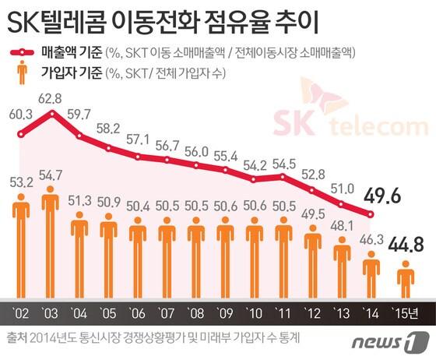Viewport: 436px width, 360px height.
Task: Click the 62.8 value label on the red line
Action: point(52,99)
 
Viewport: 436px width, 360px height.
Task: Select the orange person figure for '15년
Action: point(406,282)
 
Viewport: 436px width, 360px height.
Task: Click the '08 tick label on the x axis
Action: point(195,314)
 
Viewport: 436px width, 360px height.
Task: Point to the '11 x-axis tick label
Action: point(283,314)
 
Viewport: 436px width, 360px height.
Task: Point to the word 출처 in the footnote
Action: point(16,338)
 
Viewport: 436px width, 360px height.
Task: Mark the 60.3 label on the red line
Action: point(20,114)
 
